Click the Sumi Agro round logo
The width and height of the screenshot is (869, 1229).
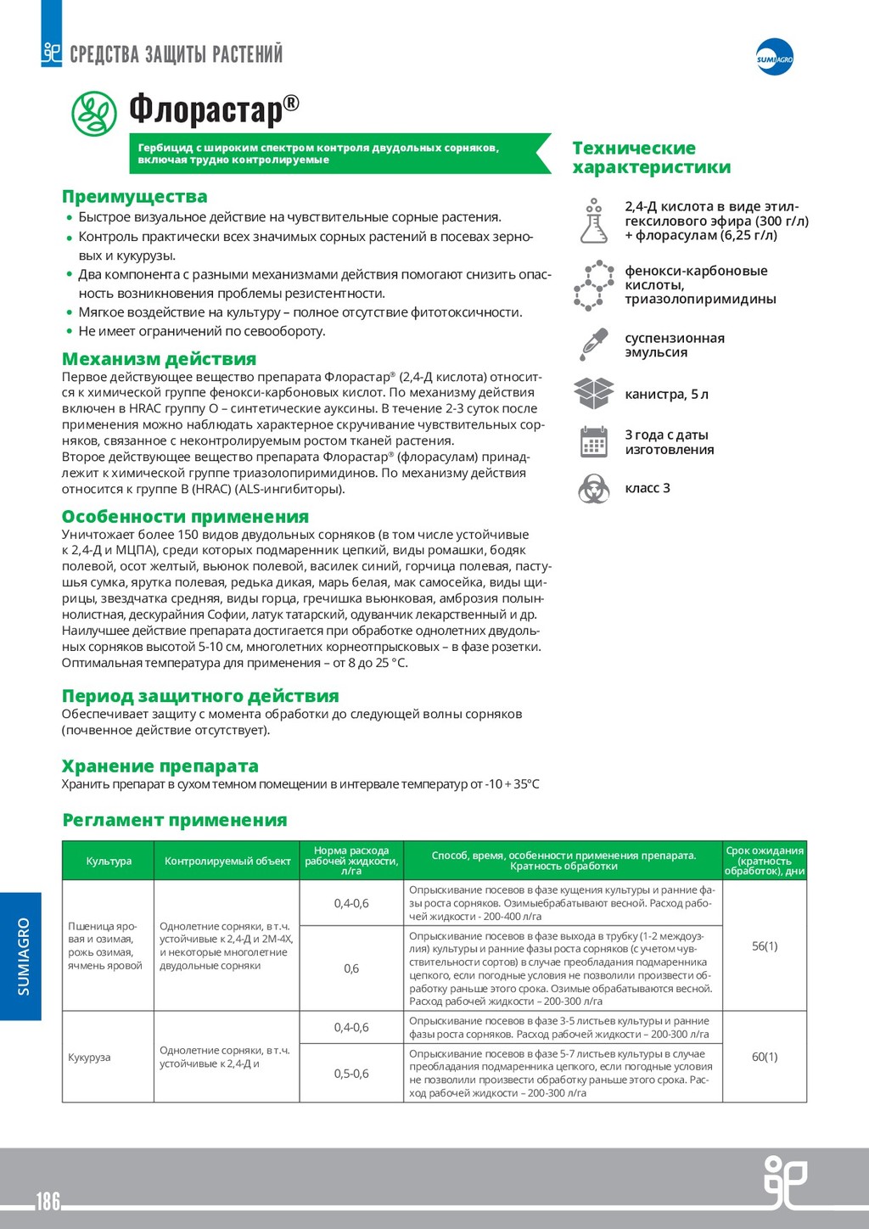point(774,57)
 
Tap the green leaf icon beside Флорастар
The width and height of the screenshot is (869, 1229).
point(93,114)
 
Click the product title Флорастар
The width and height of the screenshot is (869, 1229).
point(214,109)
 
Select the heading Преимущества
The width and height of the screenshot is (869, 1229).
point(134,197)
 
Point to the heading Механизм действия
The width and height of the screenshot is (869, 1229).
point(159,359)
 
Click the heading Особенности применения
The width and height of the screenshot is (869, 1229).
point(185,517)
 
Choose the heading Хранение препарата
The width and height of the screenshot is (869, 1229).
point(160,766)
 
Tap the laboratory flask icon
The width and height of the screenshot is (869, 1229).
point(593,221)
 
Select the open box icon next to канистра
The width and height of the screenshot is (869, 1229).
point(593,393)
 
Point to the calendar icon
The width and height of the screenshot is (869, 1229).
point(593,441)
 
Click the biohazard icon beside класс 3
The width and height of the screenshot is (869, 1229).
point(593,489)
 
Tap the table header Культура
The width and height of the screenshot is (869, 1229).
point(109,861)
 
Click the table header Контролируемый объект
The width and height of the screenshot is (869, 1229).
point(227,861)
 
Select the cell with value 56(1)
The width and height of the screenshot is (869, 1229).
point(765,946)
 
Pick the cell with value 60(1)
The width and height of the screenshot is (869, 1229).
point(765,1057)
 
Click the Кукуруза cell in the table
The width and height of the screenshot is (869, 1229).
point(89,1058)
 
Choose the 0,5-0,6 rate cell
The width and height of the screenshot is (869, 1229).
point(351,1074)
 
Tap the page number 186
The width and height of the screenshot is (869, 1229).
point(48,1201)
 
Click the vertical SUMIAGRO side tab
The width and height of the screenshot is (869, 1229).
point(22,956)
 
